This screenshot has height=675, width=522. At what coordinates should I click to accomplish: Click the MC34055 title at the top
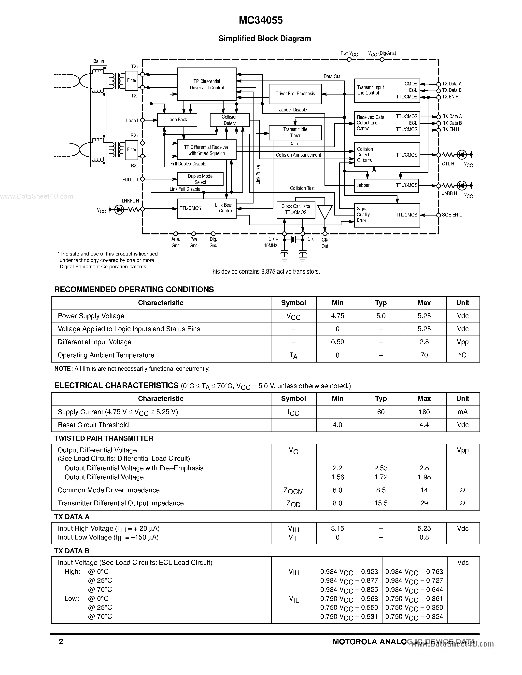(x=261, y=20)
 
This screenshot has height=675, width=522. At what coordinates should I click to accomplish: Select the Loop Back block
(x=177, y=120)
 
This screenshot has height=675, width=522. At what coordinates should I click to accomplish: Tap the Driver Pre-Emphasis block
(x=295, y=94)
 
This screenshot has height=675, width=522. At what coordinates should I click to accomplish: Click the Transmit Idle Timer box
(x=295, y=133)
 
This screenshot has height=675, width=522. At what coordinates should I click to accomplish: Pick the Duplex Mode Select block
(x=200, y=179)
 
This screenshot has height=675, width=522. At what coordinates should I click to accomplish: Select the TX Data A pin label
(x=451, y=84)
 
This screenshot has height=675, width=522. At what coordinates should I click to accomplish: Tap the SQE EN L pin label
(x=451, y=215)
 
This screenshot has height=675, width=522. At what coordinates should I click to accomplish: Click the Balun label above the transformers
(x=99, y=61)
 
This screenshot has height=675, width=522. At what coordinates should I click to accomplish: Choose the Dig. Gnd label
(x=213, y=242)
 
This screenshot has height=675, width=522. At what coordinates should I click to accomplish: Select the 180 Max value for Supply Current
(x=424, y=412)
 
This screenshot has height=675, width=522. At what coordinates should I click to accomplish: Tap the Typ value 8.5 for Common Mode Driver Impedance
(x=381, y=490)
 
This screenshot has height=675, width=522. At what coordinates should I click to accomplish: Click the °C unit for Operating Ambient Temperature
(x=462, y=355)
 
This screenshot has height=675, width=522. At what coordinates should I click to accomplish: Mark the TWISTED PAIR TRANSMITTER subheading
(x=104, y=438)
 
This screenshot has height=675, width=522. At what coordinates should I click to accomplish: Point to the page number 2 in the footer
(x=61, y=642)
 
